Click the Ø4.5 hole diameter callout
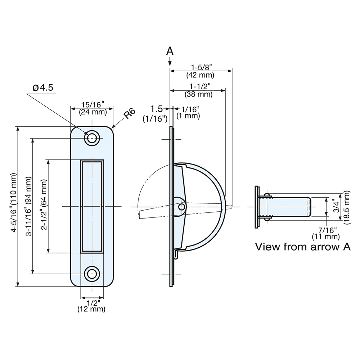pyautogui.click(x=43, y=87)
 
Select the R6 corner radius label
pyautogui.click(x=129, y=114)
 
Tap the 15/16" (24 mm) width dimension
pyautogui.click(x=93, y=108)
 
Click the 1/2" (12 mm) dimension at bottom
pyautogui.click(x=91, y=306)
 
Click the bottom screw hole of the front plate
pyautogui.click(x=92, y=274)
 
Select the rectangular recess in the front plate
pyautogui.click(x=92, y=206)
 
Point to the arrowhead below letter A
pyautogui.click(x=170, y=63)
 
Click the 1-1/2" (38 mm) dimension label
pyautogui.click(x=198, y=90)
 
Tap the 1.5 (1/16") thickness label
pyautogui.click(x=155, y=113)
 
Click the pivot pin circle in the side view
pyautogui.click(x=182, y=207)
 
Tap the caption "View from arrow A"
pyautogui.click(x=303, y=247)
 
